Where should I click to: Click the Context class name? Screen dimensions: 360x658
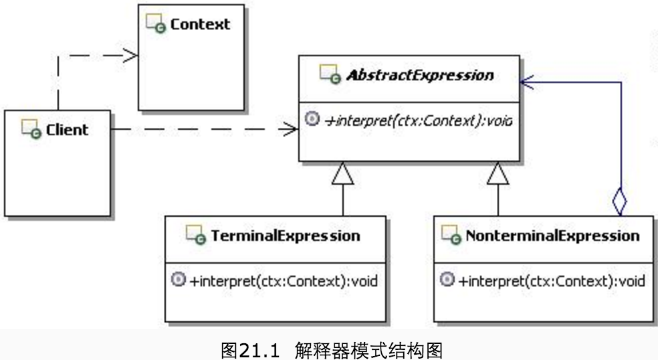pyautogui.click(x=200, y=25)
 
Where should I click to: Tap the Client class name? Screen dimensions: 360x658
pyautogui.click(x=67, y=129)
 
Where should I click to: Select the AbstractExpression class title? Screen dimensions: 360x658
pyautogui.click(x=420, y=75)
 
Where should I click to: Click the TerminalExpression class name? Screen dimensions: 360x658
pyautogui.click(x=286, y=236)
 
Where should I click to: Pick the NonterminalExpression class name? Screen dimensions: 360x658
pyautogui.click(x=552, y=236)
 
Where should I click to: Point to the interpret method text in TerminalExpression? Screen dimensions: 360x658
pyautogui.click(x=284, y=280)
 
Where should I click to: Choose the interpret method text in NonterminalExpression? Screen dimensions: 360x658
pyautogui.click(x=552, y=280)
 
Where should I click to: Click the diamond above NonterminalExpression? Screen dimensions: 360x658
pyautogui.click(x=620, y=201)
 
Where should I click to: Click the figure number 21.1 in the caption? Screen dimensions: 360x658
pyautogui.click(x=259, y=349)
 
